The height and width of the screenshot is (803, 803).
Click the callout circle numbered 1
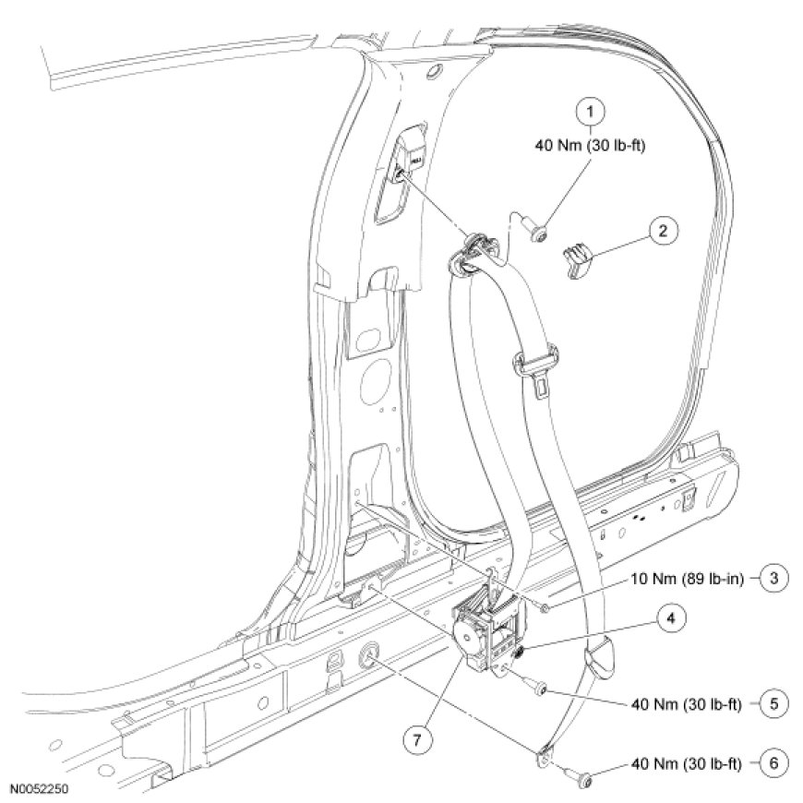click(591, 112)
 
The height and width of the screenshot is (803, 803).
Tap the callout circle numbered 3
click(774, 580)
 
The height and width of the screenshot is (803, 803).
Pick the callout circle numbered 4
click(672, 619)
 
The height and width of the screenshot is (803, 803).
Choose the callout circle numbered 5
click(774, 703)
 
